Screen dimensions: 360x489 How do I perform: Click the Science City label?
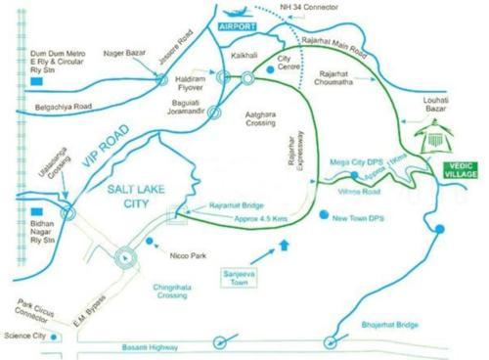click(22, 335)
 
